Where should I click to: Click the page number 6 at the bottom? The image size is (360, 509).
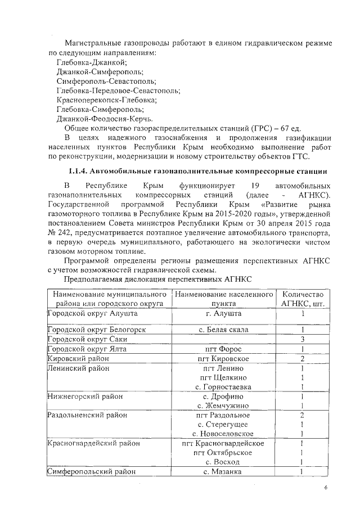tap(325, 488)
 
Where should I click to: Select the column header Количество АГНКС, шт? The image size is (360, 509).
tap(303, 299)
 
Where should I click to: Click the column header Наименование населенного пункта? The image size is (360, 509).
tap(223, 299)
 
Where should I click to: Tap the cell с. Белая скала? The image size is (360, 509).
tap(223, 330)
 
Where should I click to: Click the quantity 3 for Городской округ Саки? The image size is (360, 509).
tap(303, 339)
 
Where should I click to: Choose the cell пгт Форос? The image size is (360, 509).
tap(223, 349)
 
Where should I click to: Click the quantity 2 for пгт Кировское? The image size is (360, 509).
tap(303, 358)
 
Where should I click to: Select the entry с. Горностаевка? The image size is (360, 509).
tap(223, 387)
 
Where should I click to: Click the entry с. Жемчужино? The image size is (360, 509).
tap(223, 406)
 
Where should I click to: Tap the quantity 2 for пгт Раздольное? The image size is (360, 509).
tap(303, 415)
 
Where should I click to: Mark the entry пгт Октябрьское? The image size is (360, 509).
tap(223, 453)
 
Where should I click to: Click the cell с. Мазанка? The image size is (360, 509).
tap(223, 472)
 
